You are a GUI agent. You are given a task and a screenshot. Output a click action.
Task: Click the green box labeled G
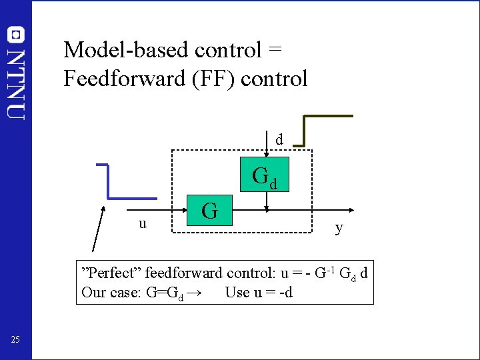210,211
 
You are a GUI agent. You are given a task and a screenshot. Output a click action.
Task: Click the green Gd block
266,175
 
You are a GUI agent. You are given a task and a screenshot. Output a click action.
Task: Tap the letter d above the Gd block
279,140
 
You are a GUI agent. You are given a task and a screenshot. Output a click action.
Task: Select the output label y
339,228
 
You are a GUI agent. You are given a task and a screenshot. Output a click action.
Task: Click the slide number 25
16,341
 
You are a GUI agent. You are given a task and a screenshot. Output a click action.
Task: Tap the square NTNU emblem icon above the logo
16,35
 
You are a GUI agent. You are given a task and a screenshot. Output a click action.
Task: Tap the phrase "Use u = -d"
259,292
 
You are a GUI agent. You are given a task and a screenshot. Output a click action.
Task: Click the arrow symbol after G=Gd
195,292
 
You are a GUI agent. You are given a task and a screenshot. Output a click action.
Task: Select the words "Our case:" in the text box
109,292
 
